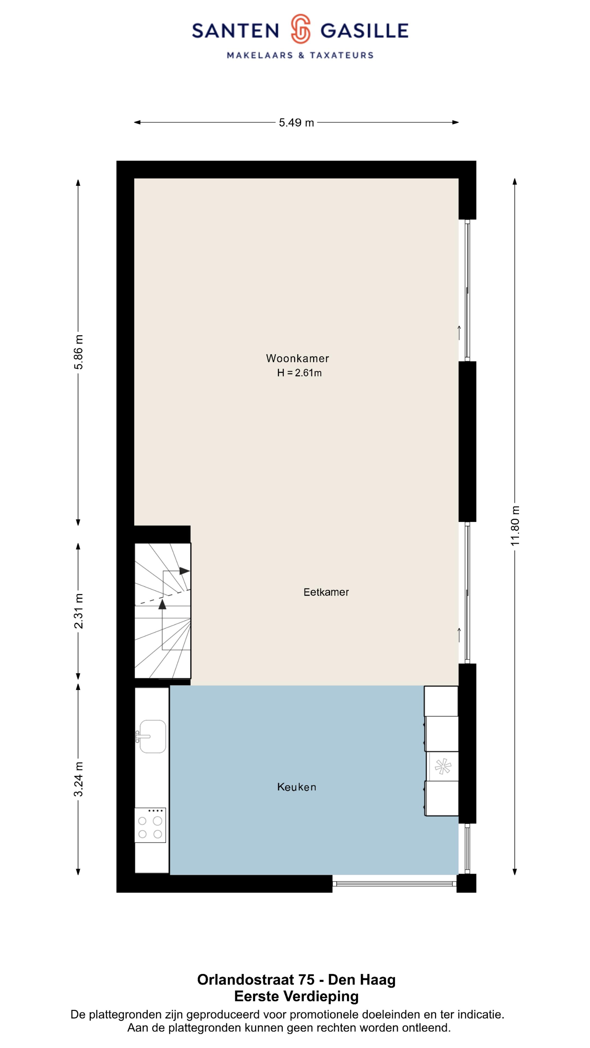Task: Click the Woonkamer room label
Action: point(297,358)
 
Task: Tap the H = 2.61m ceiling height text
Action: point(299,373)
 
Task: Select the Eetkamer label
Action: point(326,592)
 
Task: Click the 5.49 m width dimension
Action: point(296,123)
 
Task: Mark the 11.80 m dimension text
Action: point(515,526)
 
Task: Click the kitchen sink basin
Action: point(153,736)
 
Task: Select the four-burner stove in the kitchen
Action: point(150,825)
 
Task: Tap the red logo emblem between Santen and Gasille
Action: point(300,28)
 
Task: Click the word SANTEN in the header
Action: point(235,31)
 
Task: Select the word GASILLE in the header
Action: point(364,31)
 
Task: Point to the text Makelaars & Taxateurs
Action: point(300,55)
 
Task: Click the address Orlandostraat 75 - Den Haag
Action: point(296,980)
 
